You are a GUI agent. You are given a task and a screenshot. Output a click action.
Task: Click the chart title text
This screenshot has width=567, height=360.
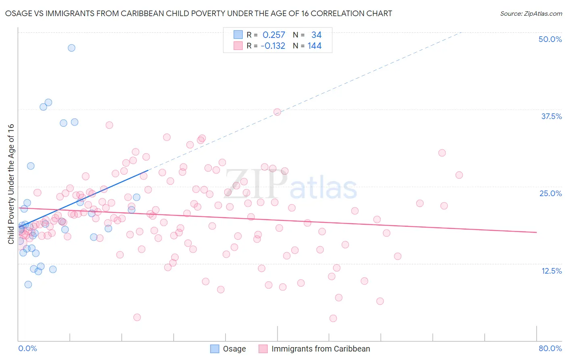click(x=198, y=14)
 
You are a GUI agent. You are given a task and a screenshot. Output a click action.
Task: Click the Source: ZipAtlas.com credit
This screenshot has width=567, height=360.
click(x=531, y=14)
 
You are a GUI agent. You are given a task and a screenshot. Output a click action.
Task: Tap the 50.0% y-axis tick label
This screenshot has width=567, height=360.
click(x=550, y=39)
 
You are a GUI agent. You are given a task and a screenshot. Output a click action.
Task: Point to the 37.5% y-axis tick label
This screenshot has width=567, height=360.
click(x=551, y=116)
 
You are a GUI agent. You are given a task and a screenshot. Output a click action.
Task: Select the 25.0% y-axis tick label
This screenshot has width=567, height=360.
click(x=550, y=193)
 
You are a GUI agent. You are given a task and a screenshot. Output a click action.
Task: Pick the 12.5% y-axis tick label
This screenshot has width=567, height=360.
click(x=551, y=271)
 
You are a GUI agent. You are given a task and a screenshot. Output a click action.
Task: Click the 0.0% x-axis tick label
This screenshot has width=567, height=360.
click(x=27, y=348)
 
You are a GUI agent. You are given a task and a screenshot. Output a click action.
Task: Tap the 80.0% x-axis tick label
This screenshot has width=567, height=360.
click(x=550, y=348)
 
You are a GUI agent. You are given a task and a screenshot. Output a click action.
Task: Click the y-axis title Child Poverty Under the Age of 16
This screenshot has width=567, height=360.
click(x=11, y=184)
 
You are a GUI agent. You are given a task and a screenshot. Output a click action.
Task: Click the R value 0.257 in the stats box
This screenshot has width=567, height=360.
click(x=274, y=35)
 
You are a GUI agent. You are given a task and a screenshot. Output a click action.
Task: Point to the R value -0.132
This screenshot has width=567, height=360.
click(x=273, y=46)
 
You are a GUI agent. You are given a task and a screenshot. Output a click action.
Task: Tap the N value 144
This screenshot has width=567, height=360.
click(x=315, y=46)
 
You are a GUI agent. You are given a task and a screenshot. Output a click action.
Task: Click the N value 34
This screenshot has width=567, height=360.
click(x=316, y=35)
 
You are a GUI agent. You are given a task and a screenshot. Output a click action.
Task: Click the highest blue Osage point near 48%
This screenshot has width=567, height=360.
click(x=71, y=48)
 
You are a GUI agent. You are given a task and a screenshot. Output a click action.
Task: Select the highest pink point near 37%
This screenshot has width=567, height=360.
click(x=277, y=112)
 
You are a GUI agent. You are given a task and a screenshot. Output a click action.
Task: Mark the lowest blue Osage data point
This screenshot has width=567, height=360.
click(x=28, y=285)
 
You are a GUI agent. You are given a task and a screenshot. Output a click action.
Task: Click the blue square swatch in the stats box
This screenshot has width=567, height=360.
click(x=238, y=35)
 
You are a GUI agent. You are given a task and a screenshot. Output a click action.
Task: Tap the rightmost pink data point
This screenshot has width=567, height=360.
click(x=459, y=175)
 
